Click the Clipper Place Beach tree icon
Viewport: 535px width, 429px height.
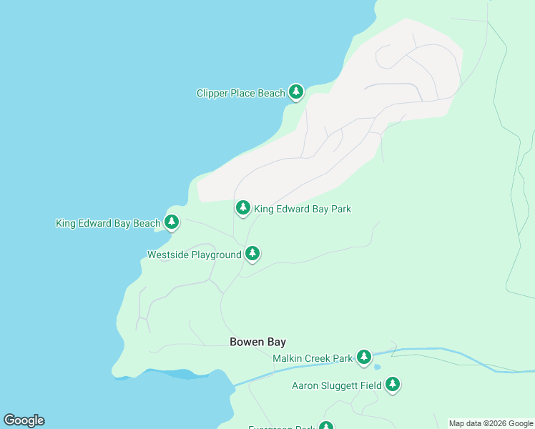pos(296,92)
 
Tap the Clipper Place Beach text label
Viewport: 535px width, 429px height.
pos(240,93)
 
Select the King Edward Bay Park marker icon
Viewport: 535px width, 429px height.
pos(243,208)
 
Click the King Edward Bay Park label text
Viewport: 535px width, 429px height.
pos(303,209)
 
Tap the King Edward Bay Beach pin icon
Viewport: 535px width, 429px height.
pos(171,222)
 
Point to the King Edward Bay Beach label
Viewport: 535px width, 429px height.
pos(108,224)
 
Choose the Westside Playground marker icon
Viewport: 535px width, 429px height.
pos(252,253)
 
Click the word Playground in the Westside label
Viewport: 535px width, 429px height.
pos(215,255)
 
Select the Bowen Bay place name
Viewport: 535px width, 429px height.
pos(257,342)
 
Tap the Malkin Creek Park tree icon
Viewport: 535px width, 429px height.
pos(364,356)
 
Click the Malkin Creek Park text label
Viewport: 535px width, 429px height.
pos(313,358)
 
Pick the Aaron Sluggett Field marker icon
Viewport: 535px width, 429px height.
pos(392,385)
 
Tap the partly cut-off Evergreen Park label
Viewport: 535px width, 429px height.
pos(282,427)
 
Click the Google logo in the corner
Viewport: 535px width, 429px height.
pos(24,420)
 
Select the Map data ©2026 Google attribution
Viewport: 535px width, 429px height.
pos(491,423)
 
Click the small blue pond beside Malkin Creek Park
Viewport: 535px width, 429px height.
pos(377,368)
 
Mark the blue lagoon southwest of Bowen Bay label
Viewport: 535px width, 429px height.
pos(171,374)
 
